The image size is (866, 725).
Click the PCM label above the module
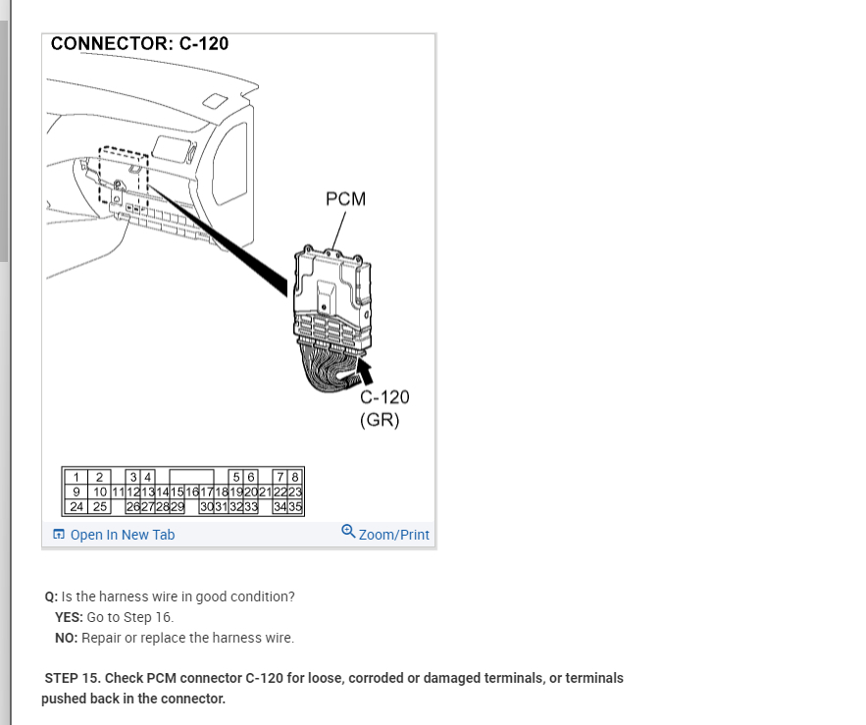coord(345,199)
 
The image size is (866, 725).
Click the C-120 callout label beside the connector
coord(384,397)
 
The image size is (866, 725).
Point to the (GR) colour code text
coord(380,420)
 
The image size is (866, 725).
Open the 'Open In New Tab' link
coord(123,535)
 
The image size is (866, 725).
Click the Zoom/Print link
coord(393,535)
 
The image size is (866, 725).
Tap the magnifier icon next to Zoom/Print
coord(348,532)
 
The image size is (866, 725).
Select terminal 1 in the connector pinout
coord(77,478)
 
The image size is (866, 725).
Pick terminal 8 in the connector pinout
coord(295,478)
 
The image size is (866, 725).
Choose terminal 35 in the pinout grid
coord(295,506)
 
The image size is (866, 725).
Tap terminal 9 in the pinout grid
coord(77,492)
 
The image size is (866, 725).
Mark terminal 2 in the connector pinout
coord(99,478)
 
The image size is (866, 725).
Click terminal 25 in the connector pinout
coord(100,506)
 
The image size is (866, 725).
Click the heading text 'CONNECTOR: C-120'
coord(139,44)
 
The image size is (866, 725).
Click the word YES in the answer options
coord(69,617)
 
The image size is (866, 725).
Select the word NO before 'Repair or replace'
coord(66,638)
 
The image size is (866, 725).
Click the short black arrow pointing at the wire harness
coord(365,370)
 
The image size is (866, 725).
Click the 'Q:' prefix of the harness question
coord(51,596)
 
